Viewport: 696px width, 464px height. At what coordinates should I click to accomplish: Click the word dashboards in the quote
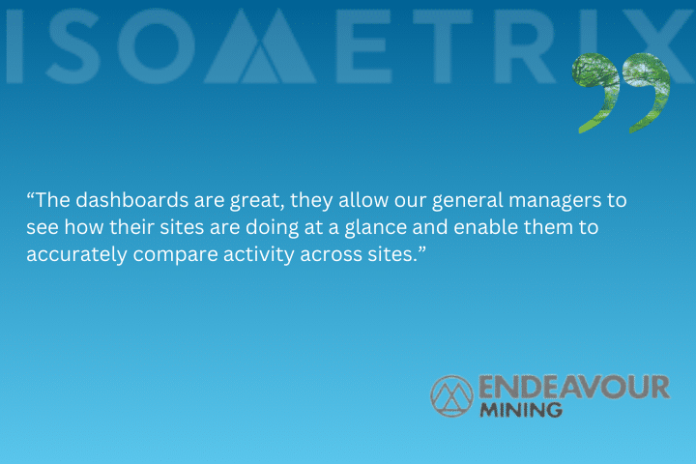click(x=131, y=200)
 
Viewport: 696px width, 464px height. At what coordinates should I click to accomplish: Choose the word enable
click(x=485, y=227)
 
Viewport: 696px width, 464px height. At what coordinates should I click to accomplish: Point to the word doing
click(x=272, y=228)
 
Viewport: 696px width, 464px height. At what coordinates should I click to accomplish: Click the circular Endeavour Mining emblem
click(x=451, y=395)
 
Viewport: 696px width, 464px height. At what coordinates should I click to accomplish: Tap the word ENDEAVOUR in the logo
click(x=574, y=387)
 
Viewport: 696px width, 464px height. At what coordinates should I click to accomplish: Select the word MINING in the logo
click(x=521, y=410)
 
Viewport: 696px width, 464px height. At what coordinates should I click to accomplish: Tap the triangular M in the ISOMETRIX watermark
click(x=260, y=46)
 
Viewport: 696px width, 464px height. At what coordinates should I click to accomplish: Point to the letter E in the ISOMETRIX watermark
click(x=364, y=46)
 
